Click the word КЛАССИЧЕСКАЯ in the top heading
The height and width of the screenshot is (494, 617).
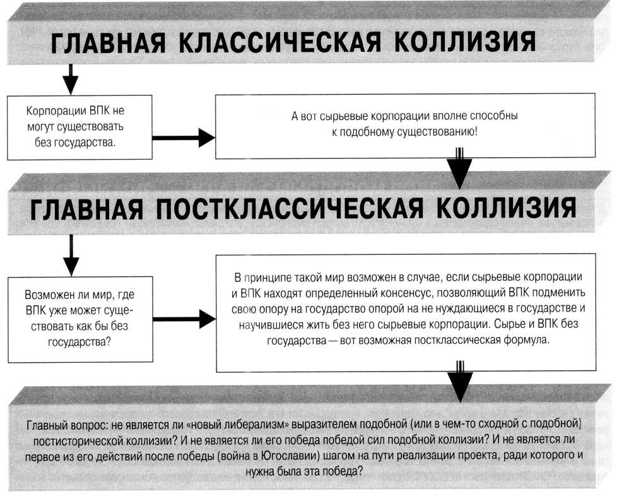[x=280, y=42]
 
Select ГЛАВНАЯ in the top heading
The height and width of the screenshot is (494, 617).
[x=109, y=42]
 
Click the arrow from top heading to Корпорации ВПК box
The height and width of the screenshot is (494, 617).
[x=71, y=79]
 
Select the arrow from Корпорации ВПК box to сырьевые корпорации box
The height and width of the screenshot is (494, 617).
[x=184, y=138]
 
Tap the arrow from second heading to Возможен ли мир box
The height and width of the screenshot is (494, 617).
[x=71, y=255]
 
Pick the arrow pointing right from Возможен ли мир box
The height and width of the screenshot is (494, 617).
[x=184, y=319]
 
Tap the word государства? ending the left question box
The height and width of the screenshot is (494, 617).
[x=79, y=342]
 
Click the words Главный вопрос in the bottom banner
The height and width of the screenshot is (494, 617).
[x=68, y=425]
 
